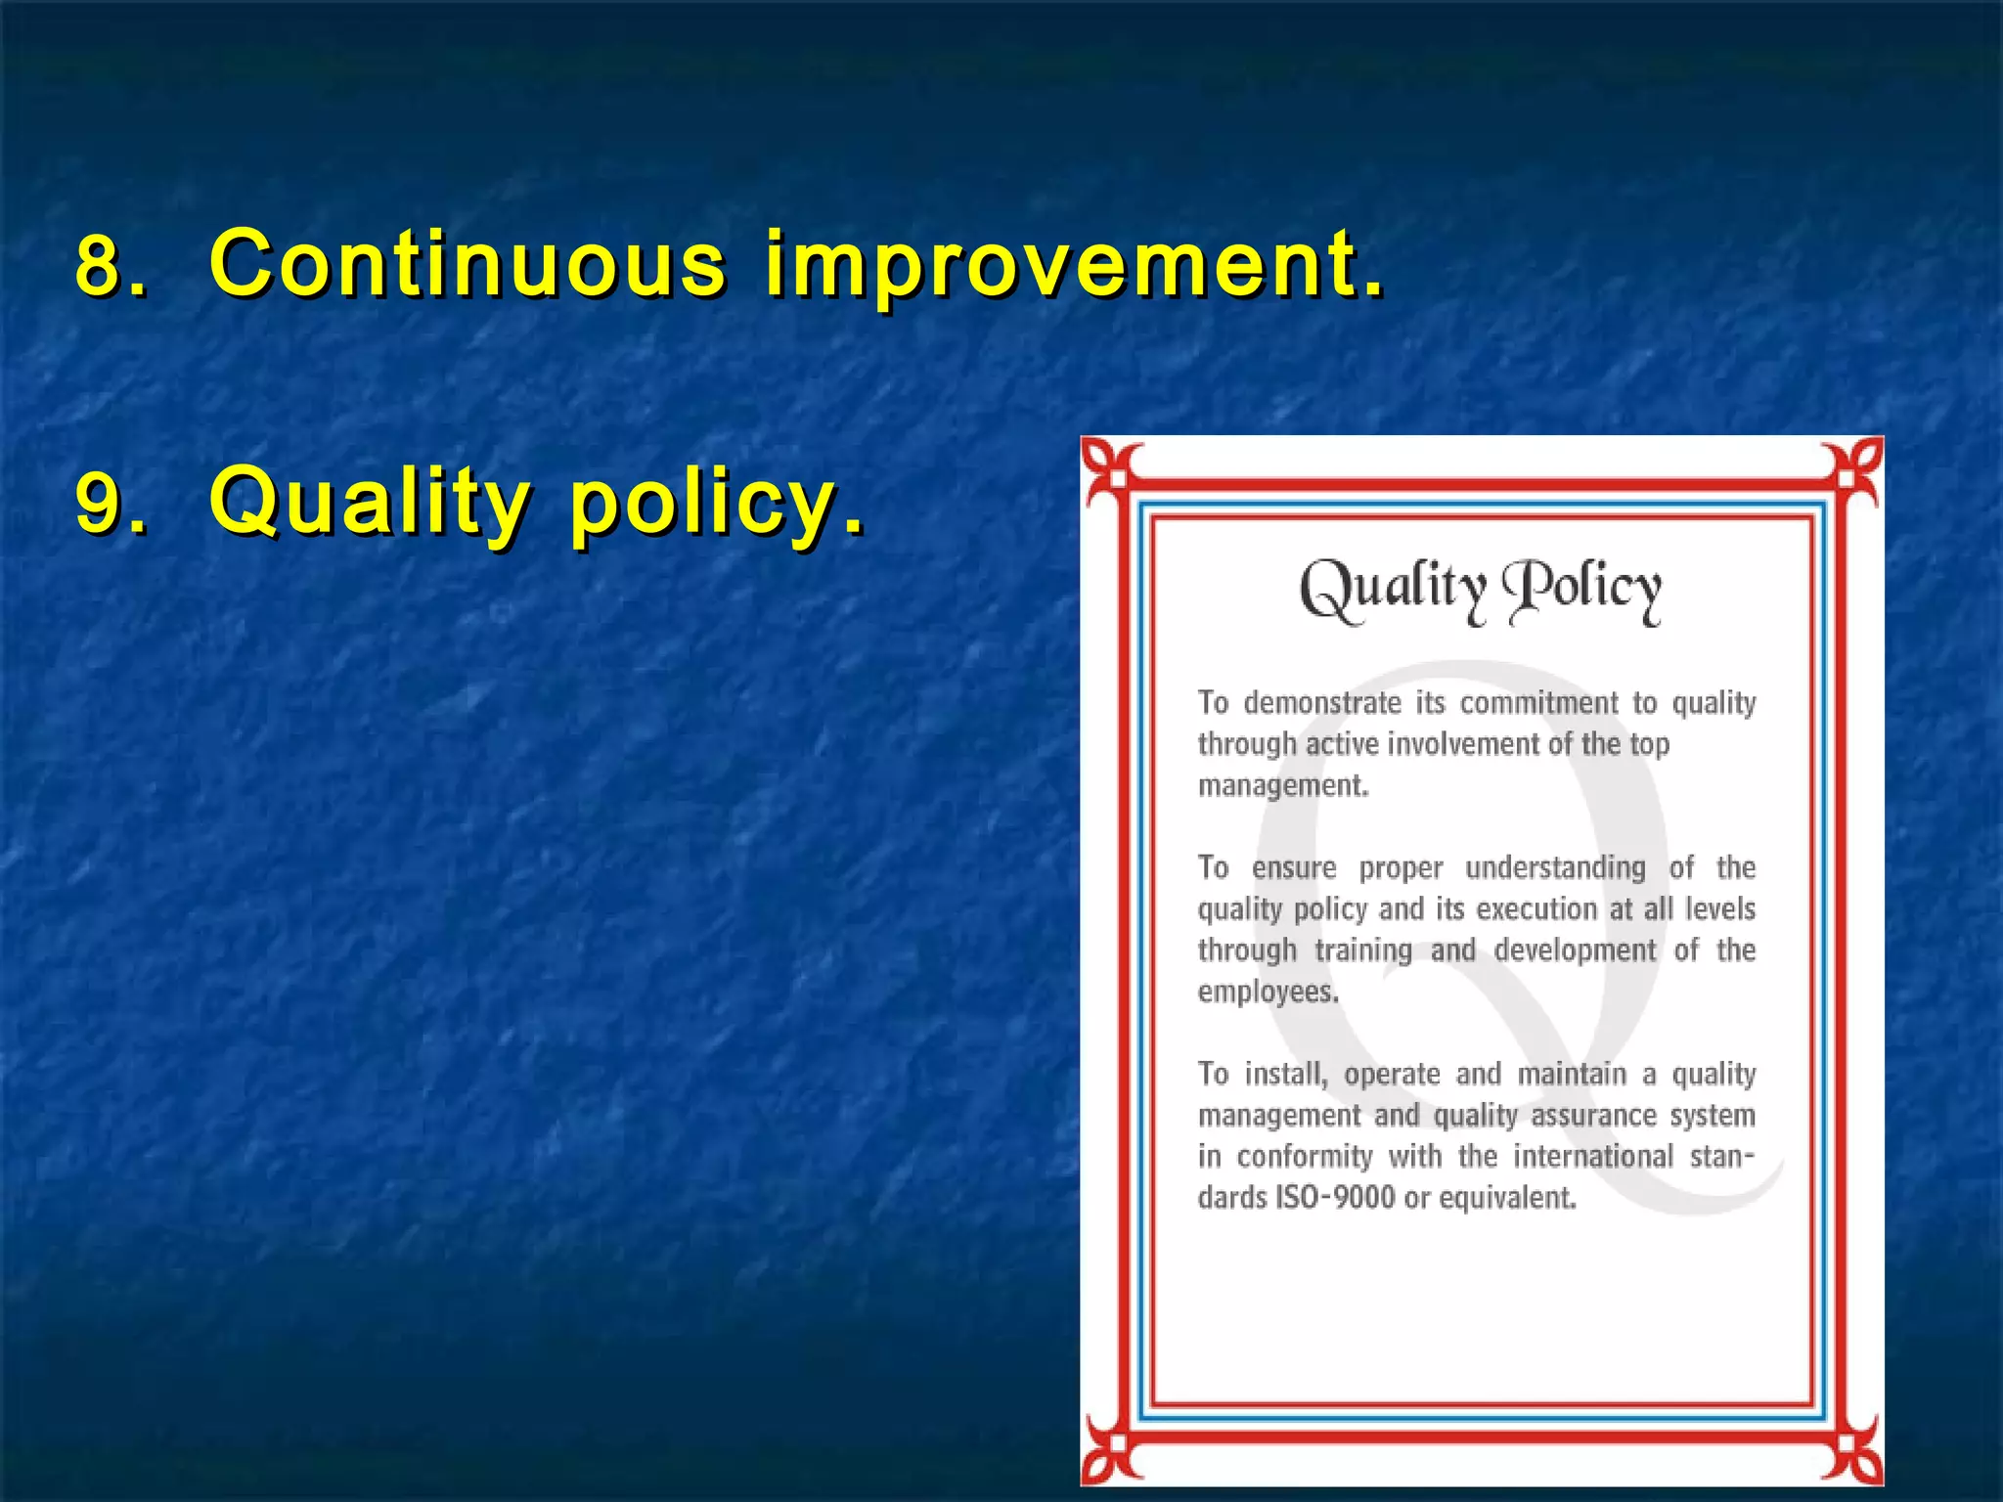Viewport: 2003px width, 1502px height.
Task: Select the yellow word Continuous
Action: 467,264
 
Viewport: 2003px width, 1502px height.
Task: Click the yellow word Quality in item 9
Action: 370,501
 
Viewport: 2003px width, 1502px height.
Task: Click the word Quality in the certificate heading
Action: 1392,590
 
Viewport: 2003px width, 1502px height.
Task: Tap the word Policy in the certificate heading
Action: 1581,590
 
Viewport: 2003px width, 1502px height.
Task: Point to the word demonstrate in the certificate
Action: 1322,703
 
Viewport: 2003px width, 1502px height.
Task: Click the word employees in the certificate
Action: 1268,992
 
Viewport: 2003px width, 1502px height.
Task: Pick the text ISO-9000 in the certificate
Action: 1335,1198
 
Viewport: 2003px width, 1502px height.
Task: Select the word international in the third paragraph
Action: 1593,1157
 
